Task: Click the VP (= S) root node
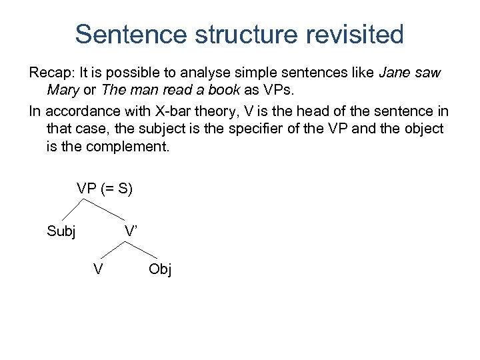tap(105, 189)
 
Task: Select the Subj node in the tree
tap(61, 231)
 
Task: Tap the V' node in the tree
tap(130, 231)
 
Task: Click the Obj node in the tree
tap(160, 269)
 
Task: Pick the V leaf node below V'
tap(98, 269)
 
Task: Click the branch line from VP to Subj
tap(77, 209)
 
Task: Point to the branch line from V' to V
tap(113, 250)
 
